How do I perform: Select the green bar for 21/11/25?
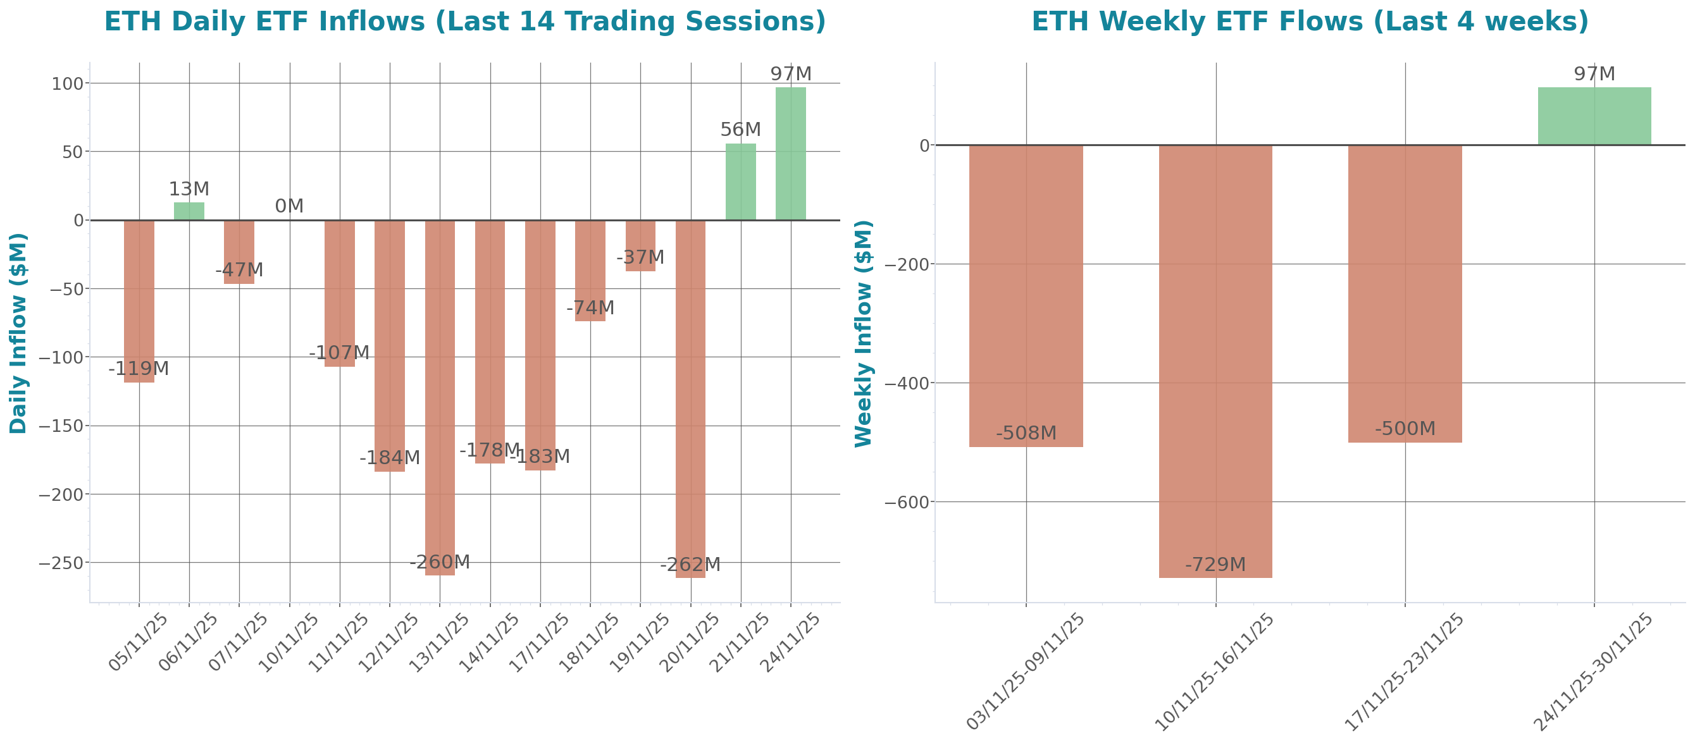point(740,181)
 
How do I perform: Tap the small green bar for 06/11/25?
point(189,211)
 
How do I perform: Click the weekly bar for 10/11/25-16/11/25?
point(1215,361)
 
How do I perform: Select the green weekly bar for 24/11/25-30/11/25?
point(1594,116)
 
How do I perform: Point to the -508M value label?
point(1026,433)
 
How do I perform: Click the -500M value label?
point(1405,429)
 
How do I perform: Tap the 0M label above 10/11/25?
point(289,207)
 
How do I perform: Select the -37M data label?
point(640,257)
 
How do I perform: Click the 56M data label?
point(740,130)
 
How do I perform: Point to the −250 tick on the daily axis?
point(61,563)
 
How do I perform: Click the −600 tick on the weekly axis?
point(907,502)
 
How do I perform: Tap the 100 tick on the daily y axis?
point(68,83)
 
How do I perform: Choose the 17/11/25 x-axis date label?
point(540,642)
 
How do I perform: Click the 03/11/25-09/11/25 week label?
point(1024,671)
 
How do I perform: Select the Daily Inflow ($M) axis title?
point(18,333)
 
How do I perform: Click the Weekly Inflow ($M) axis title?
point(862,333)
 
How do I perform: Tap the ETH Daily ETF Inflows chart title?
point(464,21)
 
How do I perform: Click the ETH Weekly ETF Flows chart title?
point(1310,21)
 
